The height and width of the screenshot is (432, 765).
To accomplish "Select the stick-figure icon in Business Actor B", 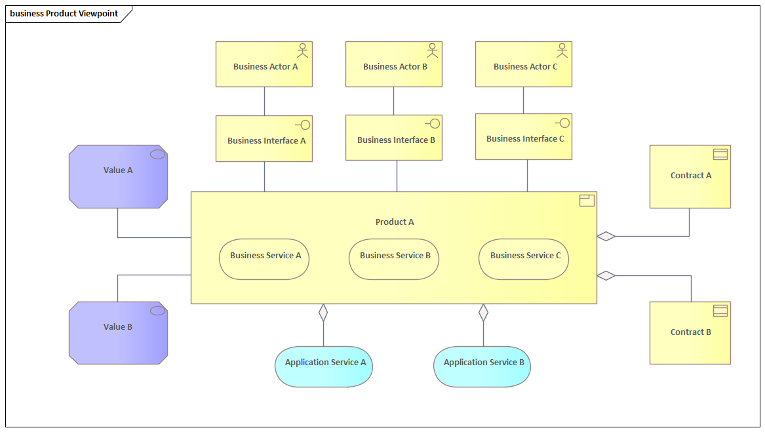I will (x=432, y=50).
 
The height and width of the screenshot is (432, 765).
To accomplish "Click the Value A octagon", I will (x=118, y=176).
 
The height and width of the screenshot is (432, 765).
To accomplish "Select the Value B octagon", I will (x=118, y=332).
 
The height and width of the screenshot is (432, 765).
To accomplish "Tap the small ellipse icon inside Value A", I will (x=157, y=154).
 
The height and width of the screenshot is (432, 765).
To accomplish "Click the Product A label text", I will (x=395, y=222).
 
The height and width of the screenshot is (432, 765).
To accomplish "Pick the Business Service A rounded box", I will (x=264, y=259).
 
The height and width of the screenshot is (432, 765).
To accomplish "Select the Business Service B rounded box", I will (x=394, y=259).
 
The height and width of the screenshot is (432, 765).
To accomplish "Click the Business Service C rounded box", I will (x=524, y=259).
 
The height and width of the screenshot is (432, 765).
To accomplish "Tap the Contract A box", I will (x=690, y=176).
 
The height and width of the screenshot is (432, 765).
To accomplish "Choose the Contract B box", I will (x=690, y=332).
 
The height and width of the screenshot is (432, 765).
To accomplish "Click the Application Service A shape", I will (x=324, y=366).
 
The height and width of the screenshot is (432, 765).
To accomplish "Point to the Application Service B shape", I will (x=482, y=366).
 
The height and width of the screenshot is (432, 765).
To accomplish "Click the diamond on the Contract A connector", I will (x=606, y=236).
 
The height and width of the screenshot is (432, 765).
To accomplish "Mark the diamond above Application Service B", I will (x=484, y=313).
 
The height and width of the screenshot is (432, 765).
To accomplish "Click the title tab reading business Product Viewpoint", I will (x=64, y=14).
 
